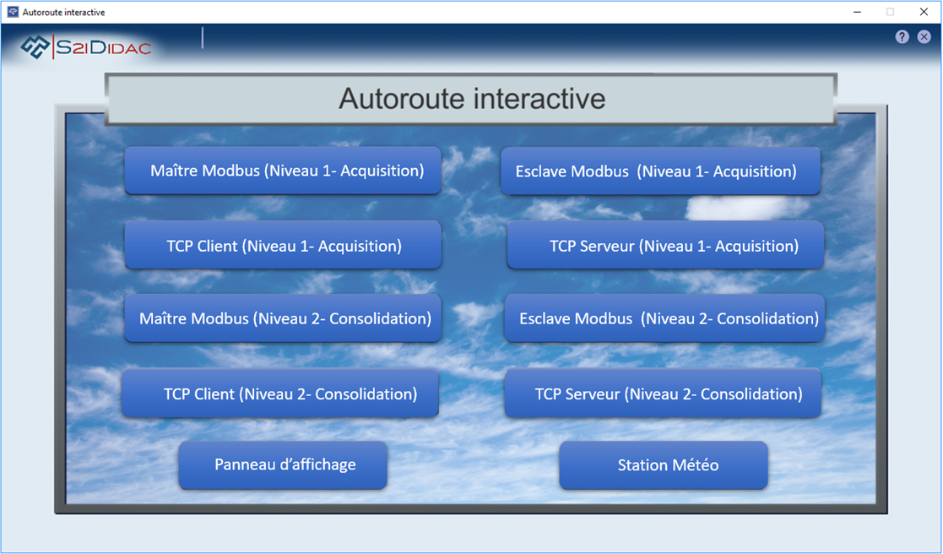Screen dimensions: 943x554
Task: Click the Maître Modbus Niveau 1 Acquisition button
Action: (x=283, y=171)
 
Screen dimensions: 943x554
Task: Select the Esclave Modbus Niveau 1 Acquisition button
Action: (x=660, y=171)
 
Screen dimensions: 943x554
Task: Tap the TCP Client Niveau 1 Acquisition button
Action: (x=283, y=245)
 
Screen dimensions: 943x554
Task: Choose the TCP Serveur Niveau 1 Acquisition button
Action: (x=665, y=245)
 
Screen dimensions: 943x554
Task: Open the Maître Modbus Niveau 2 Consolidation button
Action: (x=283, y=318)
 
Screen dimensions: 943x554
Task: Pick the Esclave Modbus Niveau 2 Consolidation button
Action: (x=664, y=318)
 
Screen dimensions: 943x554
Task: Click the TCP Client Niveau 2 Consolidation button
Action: (x=280, y=394)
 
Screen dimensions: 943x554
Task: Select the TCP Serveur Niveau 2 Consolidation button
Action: (x=663, y=394)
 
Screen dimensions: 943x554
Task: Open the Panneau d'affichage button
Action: (x=283, y=465)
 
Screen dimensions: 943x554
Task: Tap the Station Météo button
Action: (x=664, y=465)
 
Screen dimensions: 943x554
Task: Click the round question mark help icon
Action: (x=902, y=36)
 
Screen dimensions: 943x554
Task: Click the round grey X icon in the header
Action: (x=924, y=36)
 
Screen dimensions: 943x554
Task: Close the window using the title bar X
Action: (x=924, y=12)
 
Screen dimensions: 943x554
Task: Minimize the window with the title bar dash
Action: (x=857, y=12)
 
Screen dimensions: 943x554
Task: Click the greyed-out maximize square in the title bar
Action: (x=890, y=12)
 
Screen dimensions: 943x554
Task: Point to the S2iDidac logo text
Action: (x=103, y=47)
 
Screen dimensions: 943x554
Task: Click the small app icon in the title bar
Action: (x=13, y=12)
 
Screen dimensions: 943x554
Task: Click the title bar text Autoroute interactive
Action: (x=64, y=12)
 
